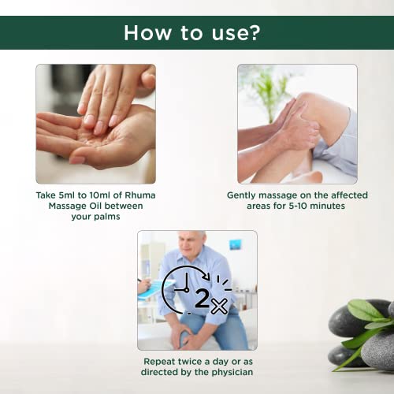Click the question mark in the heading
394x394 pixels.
tap(253, 32)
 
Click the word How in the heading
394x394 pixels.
tap(148, 32)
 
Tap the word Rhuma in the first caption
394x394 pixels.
tap(140, 195)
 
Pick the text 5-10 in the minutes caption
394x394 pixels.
tap(298, 206)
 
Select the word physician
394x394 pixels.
tap(232, 372)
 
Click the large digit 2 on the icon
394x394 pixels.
tap(203, 298)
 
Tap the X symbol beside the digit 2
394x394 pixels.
tap(219, 306)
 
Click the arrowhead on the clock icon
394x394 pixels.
tap(206, 277)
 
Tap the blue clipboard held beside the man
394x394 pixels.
tap(154, 290)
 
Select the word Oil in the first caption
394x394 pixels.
tap(96, 206)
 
